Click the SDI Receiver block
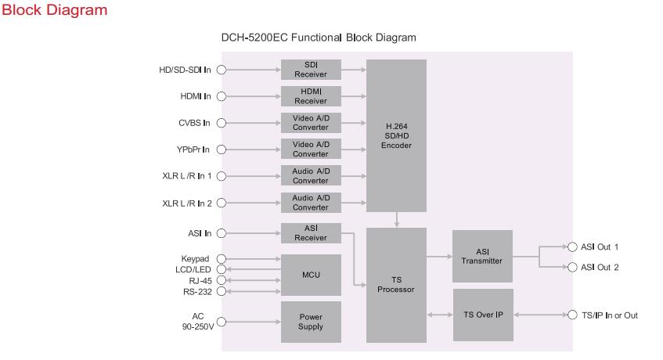311,69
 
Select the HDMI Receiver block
311,96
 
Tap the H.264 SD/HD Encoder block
396,135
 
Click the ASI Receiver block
311,232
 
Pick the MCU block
311,275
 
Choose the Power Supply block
311,321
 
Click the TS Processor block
396,285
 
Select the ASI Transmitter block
482,256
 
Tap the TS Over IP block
482,315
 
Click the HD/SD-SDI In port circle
221,70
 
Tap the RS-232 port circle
221,291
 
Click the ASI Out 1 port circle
572,247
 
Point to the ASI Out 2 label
600,267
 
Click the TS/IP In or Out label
609,315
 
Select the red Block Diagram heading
54,11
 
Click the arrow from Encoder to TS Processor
397,219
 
